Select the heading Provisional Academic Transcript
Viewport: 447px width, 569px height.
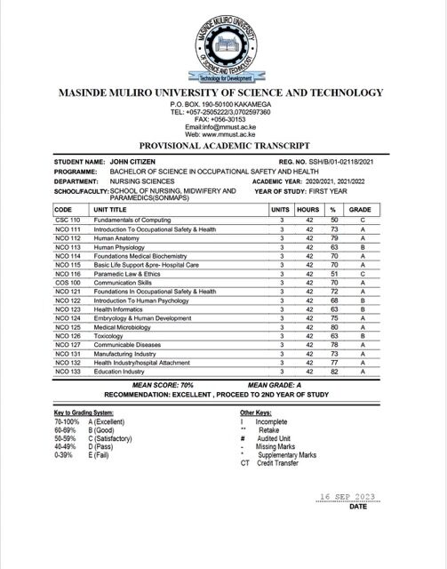coord(223,144)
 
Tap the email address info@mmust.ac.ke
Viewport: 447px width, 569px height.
coord(223,126)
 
